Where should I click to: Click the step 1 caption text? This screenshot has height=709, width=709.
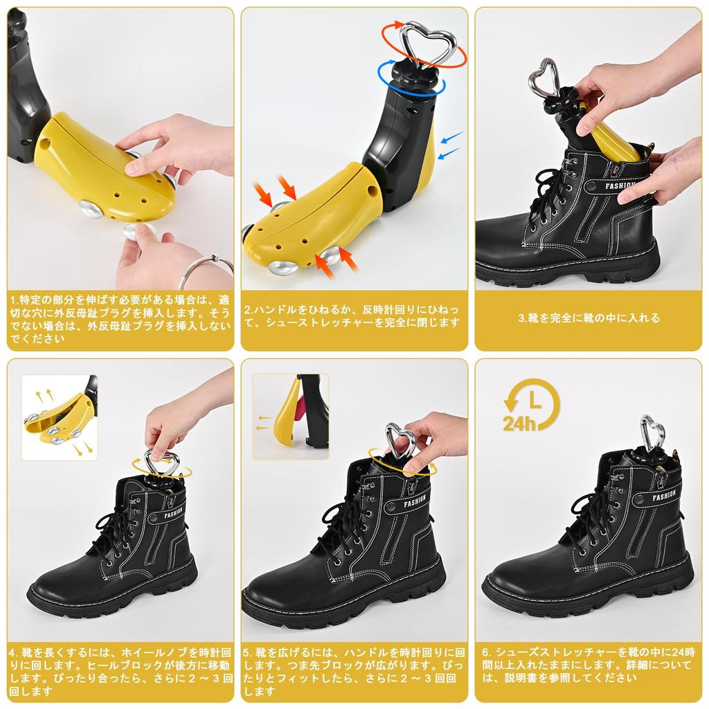[x=119, y=319]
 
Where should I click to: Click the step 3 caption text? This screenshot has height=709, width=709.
[x=589, y=318]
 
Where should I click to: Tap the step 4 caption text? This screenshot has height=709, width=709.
[x=119, y=672]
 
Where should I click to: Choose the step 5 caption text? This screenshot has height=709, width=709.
[x=353, y=672]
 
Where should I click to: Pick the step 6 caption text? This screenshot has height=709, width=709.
[x=589, y=665]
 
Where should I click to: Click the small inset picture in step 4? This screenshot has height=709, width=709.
[x=60, y=418]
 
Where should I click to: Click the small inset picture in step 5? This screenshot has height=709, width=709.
[x=291, y=416]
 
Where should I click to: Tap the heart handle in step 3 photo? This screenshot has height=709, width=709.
[x=544, y=78]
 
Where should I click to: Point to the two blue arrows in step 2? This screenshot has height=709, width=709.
[x=449, y=143]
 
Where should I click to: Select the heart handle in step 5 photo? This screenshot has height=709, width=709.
[x=400, y=441]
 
